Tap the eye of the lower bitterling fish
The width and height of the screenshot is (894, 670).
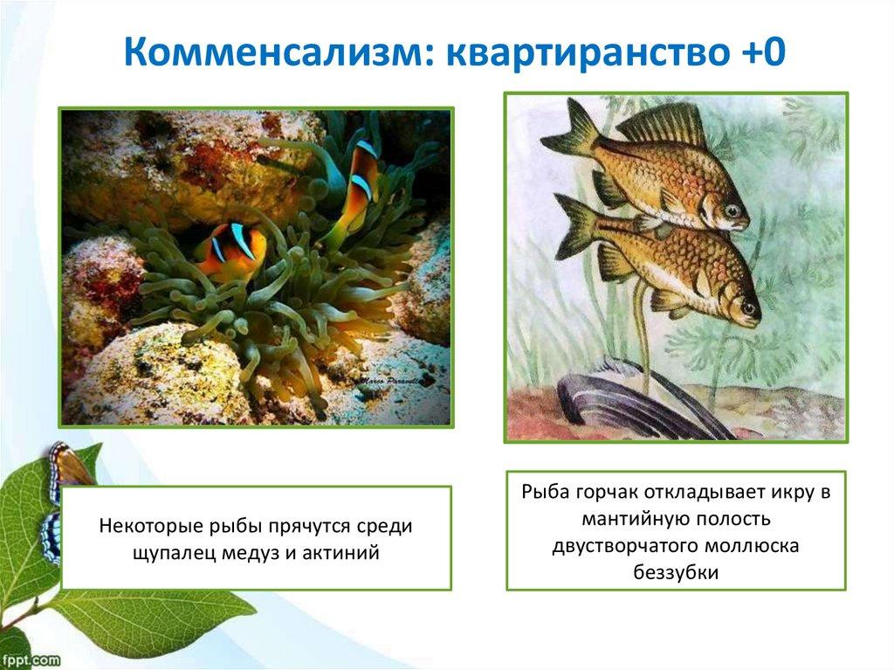click(748, 308)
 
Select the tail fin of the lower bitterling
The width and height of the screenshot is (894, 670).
click(581, 227)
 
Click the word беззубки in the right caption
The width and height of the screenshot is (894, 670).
click(676, 571)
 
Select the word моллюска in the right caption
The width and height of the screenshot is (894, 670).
click(752, 546)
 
